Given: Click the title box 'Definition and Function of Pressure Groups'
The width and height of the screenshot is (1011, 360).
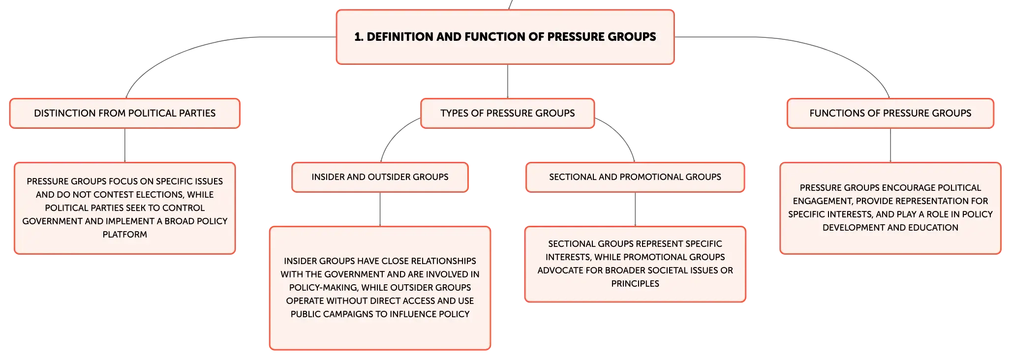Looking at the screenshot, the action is click(505, 37).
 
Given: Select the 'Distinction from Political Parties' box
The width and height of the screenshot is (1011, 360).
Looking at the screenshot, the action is click(125, 113).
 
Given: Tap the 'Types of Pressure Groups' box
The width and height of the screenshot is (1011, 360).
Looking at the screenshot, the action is click(508, 113).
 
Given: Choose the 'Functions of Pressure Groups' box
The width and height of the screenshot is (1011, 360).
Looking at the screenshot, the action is click(890, 113).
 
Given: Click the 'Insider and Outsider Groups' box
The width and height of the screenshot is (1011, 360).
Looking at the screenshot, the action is click(380, 177).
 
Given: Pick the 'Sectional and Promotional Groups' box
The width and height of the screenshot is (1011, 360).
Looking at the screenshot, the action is click(635, 177).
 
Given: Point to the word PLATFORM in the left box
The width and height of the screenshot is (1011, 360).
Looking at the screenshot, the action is click(125, 235).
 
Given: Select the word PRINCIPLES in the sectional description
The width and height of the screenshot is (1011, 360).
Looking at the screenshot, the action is click(635, 284).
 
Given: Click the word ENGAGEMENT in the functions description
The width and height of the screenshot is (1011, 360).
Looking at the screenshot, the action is click(823, 201).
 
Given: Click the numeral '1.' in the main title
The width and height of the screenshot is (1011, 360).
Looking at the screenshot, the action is click(359, 37).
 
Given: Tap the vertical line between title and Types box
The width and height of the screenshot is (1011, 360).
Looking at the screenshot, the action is click(508, 82).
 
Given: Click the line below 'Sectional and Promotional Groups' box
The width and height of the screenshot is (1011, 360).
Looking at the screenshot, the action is click(635, 210).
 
